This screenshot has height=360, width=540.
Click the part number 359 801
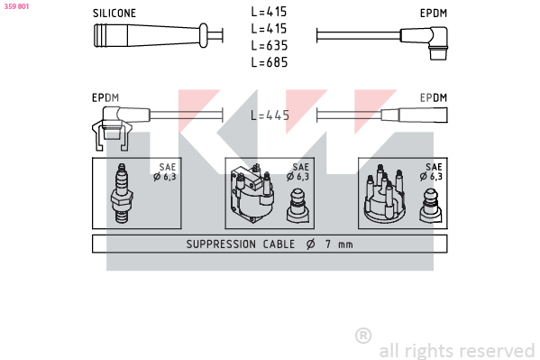(x=16, y=6)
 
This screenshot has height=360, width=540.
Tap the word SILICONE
(x=114, y=14)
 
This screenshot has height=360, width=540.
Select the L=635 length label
(x=270, y=45)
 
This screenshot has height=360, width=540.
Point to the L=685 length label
(x=270, y=62)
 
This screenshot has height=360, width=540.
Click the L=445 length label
(x=270, y=115)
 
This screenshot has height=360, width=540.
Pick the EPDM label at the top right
(x=434, y=14)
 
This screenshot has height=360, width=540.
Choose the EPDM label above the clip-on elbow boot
(x=105, y=98)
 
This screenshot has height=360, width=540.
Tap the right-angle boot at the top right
(x=425, y=42)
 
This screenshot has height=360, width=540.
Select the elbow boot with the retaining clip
(x=117, y=127)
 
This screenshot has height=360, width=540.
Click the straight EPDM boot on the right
(x=415, y=115)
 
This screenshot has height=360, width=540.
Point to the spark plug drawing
(x=122, y=193)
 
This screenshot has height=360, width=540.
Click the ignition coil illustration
(x=252, y=193)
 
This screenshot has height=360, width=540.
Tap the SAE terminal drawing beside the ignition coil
(x=297, y=206)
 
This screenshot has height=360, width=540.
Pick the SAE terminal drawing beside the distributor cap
(x=431, y=206)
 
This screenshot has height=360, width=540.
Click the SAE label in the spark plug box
(x=168, y=167)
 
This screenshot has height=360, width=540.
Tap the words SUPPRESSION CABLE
(x=241, y=245)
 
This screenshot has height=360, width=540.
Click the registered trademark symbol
(x=363, y=336)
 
